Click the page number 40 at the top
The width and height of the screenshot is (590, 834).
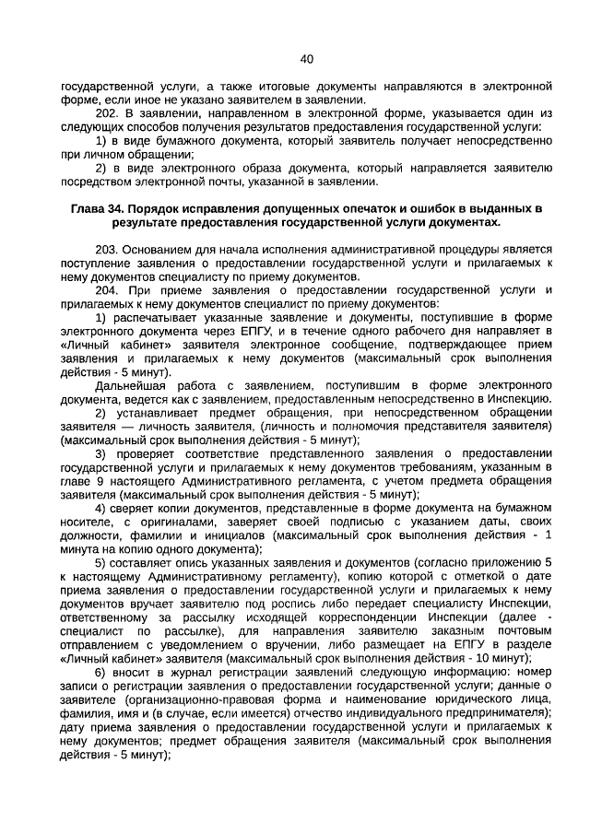pyautogui.click(x=307, y=59)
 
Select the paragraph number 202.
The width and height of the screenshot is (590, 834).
pyautogui.click(x=108, y=112)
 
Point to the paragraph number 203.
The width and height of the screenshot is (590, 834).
pyautogui.click(x=108, y=250)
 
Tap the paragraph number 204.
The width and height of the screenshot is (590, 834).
pyautogui.click(x=108, y=289)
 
